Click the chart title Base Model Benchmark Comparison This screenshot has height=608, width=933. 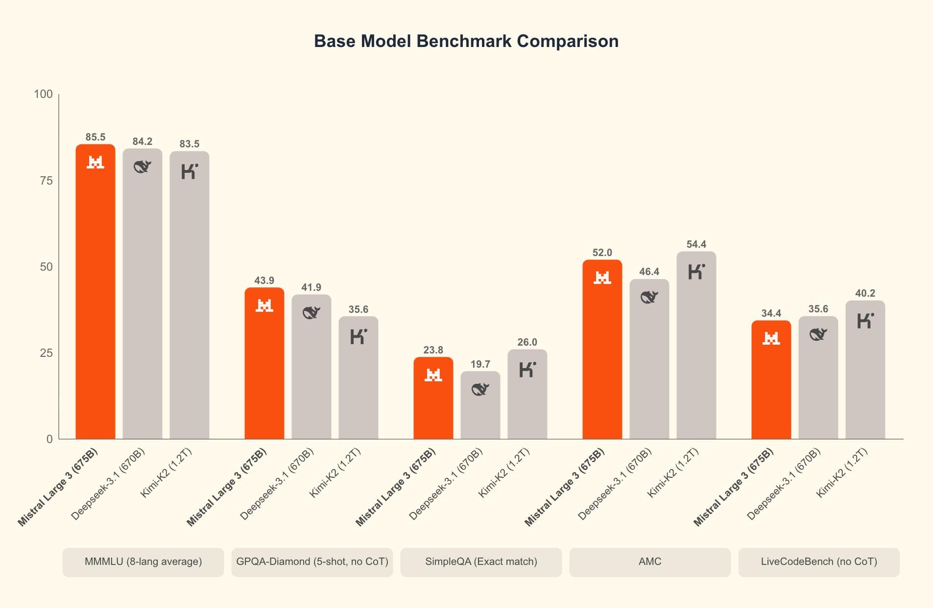(466, 41)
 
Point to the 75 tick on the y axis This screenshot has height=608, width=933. (46, 181)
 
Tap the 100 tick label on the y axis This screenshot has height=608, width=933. (43, 94)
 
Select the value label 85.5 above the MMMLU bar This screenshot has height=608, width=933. (95, 137)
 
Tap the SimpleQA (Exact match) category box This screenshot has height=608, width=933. (480, 561)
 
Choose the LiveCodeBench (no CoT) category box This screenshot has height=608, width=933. (818, 561)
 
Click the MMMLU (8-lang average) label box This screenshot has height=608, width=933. (143, 561)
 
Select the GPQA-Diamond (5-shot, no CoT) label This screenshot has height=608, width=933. (312, 561)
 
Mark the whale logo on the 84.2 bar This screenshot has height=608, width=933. (142, 167)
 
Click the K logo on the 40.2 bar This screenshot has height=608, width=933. (865, 321)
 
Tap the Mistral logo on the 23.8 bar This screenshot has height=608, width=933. (433, 375)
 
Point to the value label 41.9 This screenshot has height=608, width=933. (311, 287)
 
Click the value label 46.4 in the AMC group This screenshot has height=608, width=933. (649, 272)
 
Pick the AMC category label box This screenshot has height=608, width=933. (649, 561)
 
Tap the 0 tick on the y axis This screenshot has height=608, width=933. (49, 439)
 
